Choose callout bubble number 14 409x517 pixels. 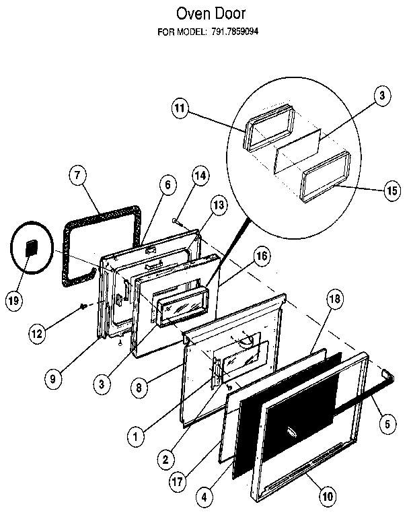coord(200,176)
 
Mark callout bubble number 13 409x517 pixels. coord(217,206)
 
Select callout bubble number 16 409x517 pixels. coord(262,256)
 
